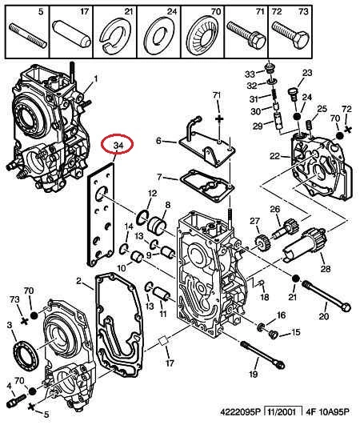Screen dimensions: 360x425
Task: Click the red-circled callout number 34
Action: [118, 146]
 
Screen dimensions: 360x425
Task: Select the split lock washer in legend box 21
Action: [115, 34]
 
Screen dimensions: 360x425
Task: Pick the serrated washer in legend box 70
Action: [202, 34]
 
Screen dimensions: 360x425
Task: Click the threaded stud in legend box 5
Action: [28, 36]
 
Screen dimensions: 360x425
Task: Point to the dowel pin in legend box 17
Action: [71, 34]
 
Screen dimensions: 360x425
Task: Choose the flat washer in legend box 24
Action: [159, 34]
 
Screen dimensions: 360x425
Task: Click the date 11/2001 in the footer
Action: [282, 412]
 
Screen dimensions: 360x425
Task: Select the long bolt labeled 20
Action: [326, 296]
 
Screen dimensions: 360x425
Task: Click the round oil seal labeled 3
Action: [26, 356]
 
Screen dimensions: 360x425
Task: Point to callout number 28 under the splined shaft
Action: [326, 269]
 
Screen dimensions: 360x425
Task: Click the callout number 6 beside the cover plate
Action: [158, 140]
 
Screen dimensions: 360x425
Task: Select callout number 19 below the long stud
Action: [254, 374]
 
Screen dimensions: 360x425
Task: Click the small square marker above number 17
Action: [163, 341]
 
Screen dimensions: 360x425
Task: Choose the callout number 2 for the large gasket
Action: [78, 281]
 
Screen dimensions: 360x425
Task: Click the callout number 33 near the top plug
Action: [250, 74]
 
